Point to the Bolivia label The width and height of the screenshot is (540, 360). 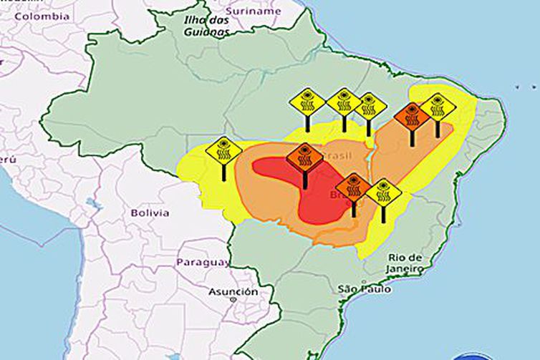click(150, 213)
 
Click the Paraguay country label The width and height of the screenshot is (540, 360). click(203, 262)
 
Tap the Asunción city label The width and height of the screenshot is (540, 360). click(233, 291)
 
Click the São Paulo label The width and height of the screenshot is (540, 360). click(365, 289)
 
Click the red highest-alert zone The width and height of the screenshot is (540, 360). click(315, 200)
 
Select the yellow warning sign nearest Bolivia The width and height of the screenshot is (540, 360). click(223, 151)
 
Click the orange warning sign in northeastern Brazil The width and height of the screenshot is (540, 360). click(412, 115)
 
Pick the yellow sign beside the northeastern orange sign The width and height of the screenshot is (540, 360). click(437, 107)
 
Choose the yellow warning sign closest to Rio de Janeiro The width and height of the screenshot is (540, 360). click(383, 193)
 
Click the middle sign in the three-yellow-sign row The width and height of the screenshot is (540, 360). click(344, 102)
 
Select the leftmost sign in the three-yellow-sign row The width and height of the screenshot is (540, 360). click(307, 102)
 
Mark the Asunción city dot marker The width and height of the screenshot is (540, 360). click(233, 301)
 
